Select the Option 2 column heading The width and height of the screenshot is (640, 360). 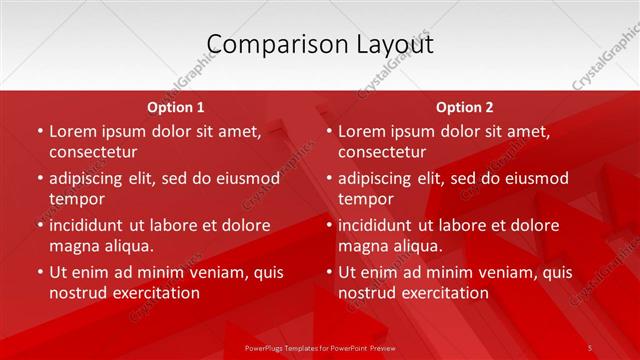464,107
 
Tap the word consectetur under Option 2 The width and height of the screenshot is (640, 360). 382,152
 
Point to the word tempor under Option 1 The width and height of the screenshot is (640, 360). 76,199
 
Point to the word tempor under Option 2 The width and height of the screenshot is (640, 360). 365,199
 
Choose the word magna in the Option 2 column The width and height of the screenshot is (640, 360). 362,246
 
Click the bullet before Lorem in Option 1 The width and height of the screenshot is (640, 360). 39,131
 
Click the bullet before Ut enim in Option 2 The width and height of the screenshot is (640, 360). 328,272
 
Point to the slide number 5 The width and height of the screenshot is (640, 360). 590,347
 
